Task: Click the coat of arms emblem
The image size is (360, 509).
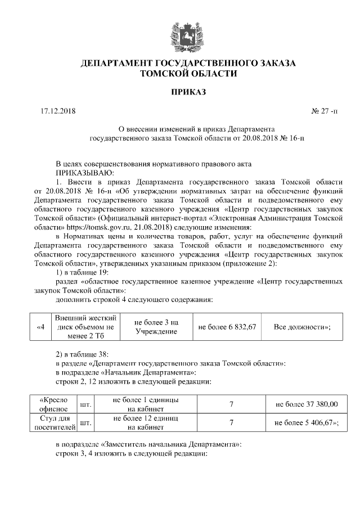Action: pos(179,33)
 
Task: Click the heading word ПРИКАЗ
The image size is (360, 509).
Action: pos(179,92)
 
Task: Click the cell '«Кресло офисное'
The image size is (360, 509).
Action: pos(53,404)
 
